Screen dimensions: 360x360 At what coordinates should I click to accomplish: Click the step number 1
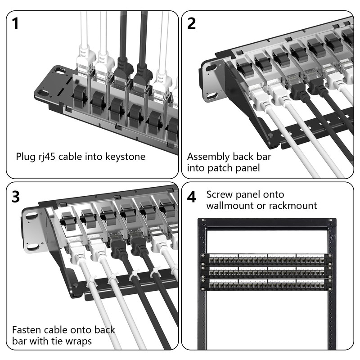pos(16,23)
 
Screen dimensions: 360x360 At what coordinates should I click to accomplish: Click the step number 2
pos(192,23)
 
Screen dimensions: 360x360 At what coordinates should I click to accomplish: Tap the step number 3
pos(16,197)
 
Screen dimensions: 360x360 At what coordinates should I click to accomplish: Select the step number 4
pos(192,197)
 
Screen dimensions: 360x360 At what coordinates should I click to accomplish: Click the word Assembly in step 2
pos(208,157)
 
